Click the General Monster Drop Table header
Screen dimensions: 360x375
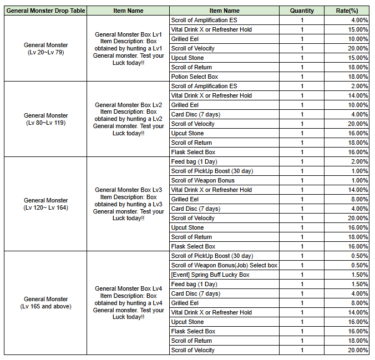(x=45, y=11)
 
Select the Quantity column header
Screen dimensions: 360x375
(x=302, y=11)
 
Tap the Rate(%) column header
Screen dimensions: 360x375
(x=347, y=11)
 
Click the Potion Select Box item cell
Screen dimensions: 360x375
(x=195, y=77)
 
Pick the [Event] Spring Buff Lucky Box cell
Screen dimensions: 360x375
(x=210, y=275)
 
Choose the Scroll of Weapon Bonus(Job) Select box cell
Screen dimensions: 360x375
(x=224, y=265)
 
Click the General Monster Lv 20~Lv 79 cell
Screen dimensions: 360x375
(x=45, y=48)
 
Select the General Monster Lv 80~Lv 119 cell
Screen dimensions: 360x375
(x=45, y=119)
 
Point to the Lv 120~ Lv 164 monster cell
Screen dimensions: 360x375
(x=45, y=204)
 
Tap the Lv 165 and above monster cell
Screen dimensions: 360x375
(x=45, y=302)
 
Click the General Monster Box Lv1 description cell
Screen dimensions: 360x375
(x=128, y=48)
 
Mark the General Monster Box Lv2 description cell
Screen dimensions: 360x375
(x=128, y=119)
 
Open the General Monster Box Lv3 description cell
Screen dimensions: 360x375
(x=128, y=204)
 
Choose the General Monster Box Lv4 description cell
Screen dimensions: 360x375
(x=128, y=302)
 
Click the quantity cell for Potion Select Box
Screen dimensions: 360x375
(x=302, y=77)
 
